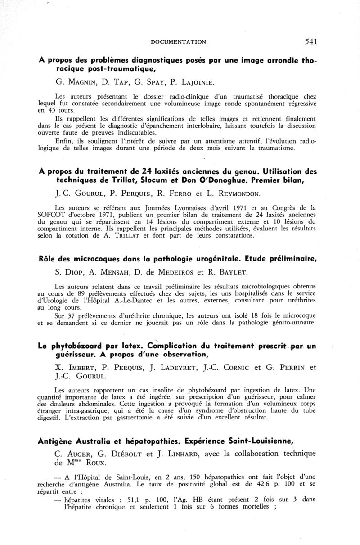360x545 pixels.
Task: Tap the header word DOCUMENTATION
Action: [179, 42]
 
